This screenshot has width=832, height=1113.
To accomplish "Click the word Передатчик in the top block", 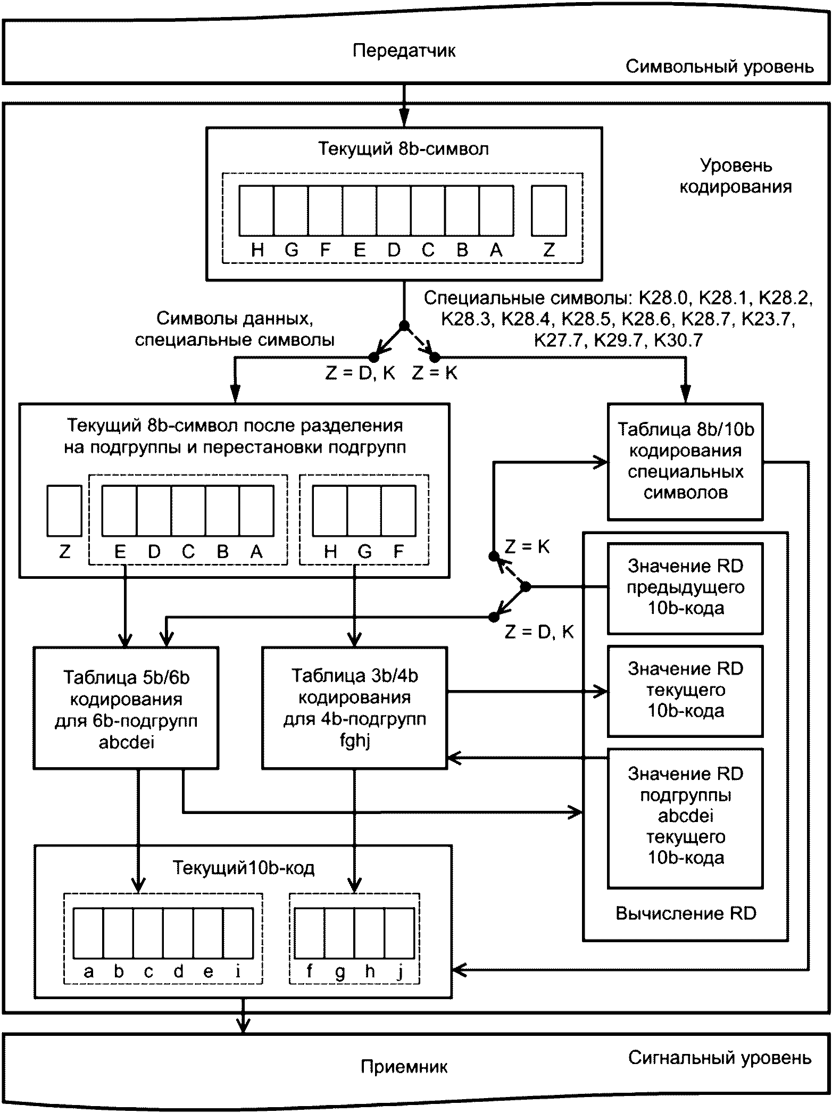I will click(404, 51).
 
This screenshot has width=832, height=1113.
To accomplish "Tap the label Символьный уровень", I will click(719, 67).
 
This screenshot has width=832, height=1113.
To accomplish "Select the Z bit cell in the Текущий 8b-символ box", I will click(549, 211).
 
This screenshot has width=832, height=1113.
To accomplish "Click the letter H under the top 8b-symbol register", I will click(257, 250).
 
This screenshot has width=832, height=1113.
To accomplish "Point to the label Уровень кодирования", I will click(736, 176).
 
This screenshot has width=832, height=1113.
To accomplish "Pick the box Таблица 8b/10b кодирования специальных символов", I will click(685, 461).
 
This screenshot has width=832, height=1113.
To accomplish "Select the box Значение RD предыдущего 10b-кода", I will click(685, 587).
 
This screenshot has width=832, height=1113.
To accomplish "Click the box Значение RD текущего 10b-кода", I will click(685, 690).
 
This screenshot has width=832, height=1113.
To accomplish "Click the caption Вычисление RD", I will click(686, 913).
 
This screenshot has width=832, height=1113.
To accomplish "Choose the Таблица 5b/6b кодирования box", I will click(126, 708).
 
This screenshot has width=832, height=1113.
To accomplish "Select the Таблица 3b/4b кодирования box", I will click(354, 707).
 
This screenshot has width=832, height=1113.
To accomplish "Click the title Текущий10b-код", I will click(244, 868).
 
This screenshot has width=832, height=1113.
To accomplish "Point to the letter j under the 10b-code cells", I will click(400, 973).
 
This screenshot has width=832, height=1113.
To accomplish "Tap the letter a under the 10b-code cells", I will click(89, 972).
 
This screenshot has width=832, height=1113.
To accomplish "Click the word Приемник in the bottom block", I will click(404, 1066).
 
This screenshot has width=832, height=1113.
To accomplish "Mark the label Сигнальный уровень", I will click(719, 1057).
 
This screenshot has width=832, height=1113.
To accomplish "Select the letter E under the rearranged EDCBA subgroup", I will click(120, 552).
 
